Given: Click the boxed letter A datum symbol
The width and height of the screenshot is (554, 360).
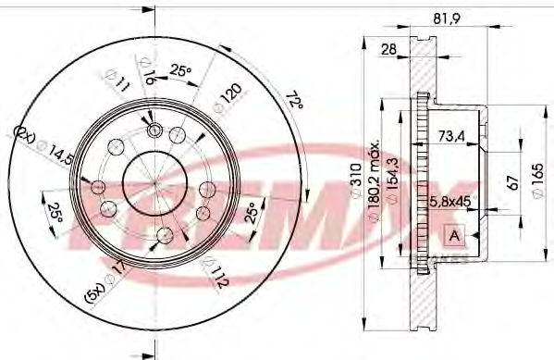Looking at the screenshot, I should (454, 234).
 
